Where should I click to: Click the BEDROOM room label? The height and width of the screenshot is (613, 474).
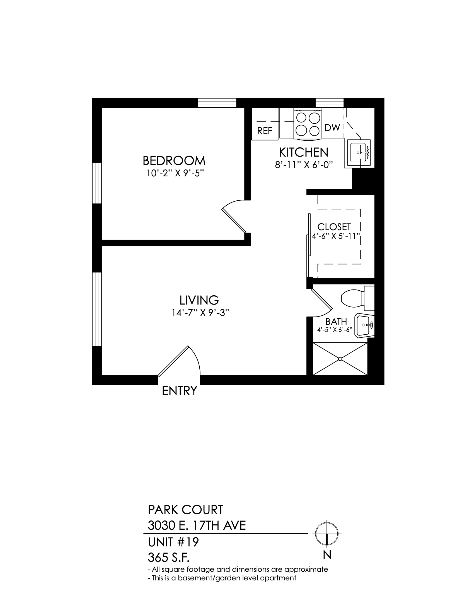coord(174,161)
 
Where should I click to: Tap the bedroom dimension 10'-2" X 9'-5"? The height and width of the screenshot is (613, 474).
coord(175,173)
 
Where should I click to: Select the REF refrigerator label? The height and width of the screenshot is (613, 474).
coord(265,131)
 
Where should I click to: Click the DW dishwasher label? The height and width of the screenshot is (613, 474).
coord(332,128)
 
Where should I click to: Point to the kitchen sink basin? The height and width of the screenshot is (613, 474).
coord(359,152)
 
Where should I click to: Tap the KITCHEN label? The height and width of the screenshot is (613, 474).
coord(304,152)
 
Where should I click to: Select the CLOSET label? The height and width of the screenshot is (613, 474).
coord(334,227)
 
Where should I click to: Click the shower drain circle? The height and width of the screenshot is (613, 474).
coord(340,359)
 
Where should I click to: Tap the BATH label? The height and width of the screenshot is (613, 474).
coord(336,322)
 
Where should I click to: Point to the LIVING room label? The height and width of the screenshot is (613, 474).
coord(199,300)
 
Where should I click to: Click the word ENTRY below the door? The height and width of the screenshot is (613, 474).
coord(180,391)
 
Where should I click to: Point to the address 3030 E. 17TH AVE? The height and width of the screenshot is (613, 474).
coord(197,526)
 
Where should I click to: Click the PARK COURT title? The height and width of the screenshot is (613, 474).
coord(186,510)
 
